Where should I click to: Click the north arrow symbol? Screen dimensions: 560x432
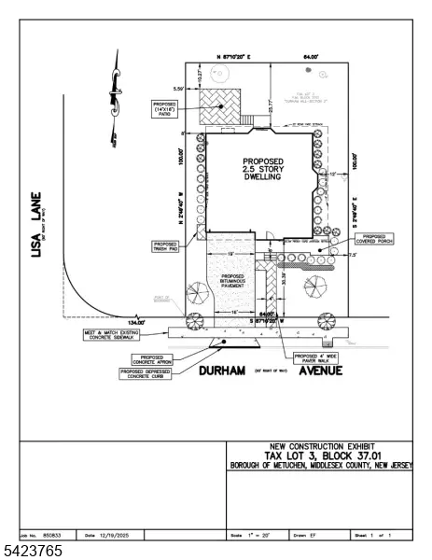coord(115,93)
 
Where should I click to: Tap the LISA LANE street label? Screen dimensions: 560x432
coord(38,224)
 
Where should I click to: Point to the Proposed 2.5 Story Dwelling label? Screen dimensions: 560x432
coord(262,171)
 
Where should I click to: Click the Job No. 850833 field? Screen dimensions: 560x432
coord(44,535)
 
